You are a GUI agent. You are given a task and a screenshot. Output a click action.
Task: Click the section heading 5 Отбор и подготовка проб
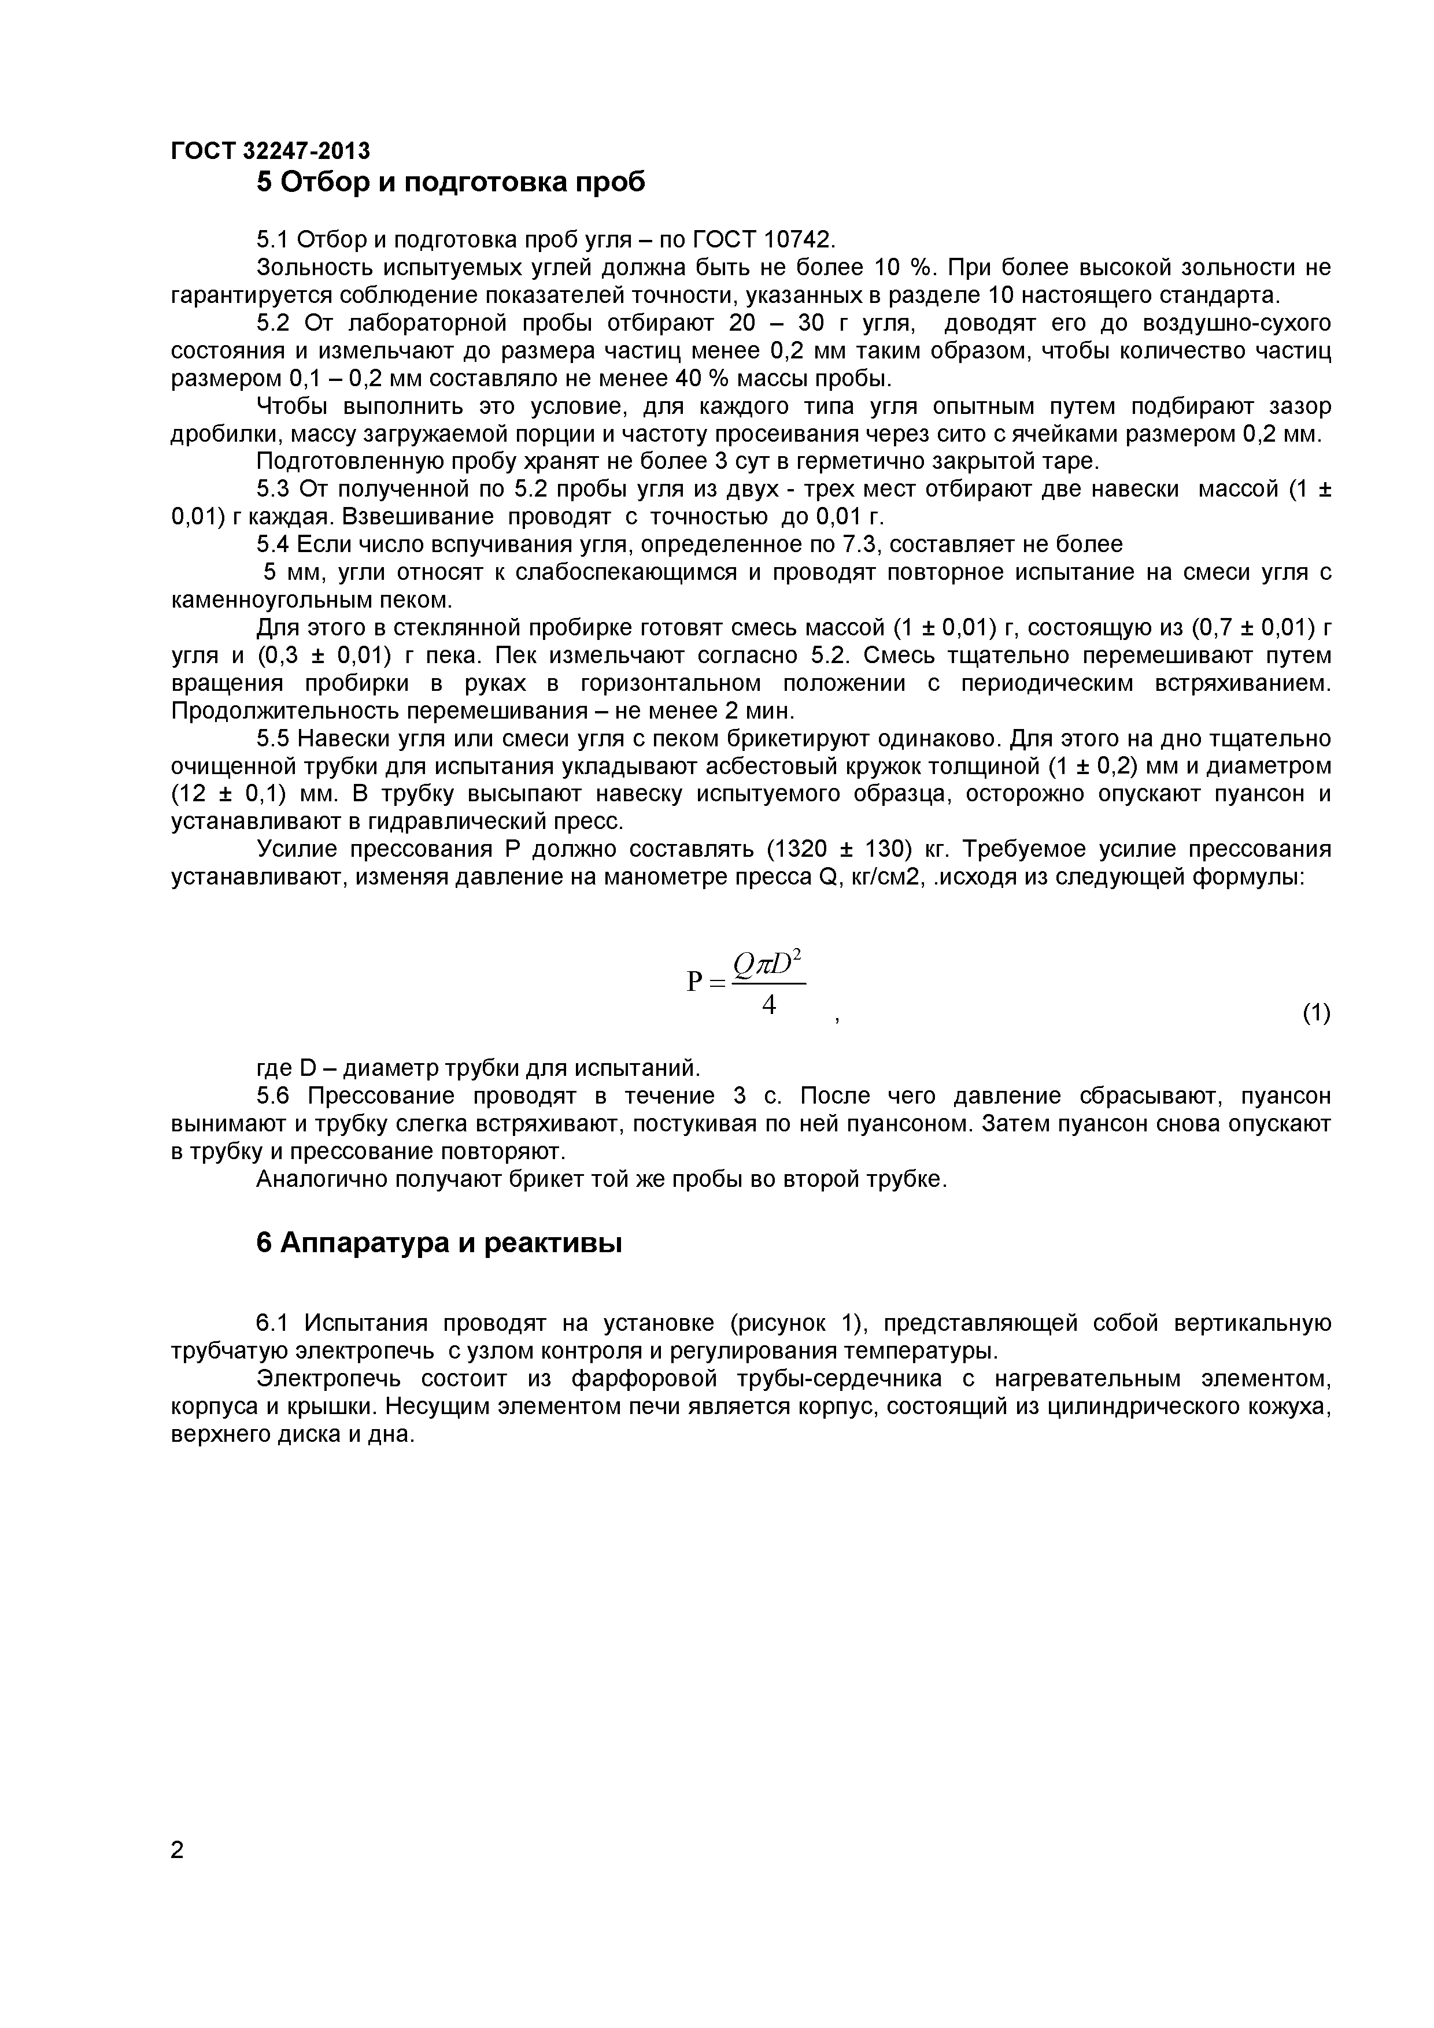[x=450, y=182]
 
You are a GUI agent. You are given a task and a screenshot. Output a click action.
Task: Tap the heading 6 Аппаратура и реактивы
[x=439, y=1243]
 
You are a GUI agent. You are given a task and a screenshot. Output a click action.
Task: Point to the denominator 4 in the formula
[x=768, y=1004]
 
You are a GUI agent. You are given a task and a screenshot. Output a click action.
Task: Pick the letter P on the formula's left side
[x=694, y=981]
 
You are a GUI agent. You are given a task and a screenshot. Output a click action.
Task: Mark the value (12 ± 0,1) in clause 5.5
[x=227, y=794]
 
